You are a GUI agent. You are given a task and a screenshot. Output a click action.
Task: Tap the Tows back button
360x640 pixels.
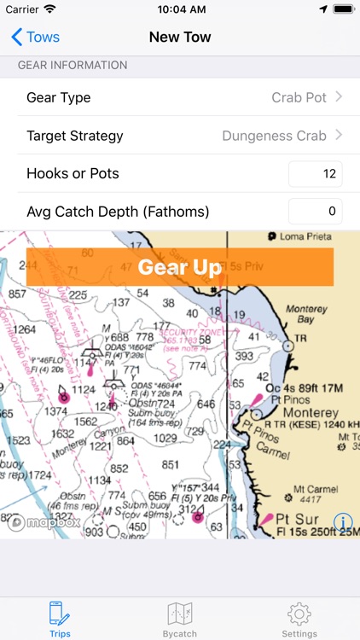(35, 38)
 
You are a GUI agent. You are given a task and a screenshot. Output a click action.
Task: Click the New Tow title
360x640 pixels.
(180, 38)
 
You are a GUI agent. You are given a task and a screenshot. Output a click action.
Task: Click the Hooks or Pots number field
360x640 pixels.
(315, 173)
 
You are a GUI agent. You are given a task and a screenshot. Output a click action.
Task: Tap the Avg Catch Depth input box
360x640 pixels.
(315, 211)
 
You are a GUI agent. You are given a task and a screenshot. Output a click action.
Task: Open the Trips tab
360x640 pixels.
(60, 618)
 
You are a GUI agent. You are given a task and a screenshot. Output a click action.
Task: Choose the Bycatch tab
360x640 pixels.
(180, 618)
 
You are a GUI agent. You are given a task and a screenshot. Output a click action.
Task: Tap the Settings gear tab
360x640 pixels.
(299, 618)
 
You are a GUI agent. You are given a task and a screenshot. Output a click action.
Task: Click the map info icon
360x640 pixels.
(343, 522)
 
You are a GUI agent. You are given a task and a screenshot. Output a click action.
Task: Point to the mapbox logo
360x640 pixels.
(44, 522)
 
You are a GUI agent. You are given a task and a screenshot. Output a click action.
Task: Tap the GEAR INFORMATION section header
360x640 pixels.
(73, 65)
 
